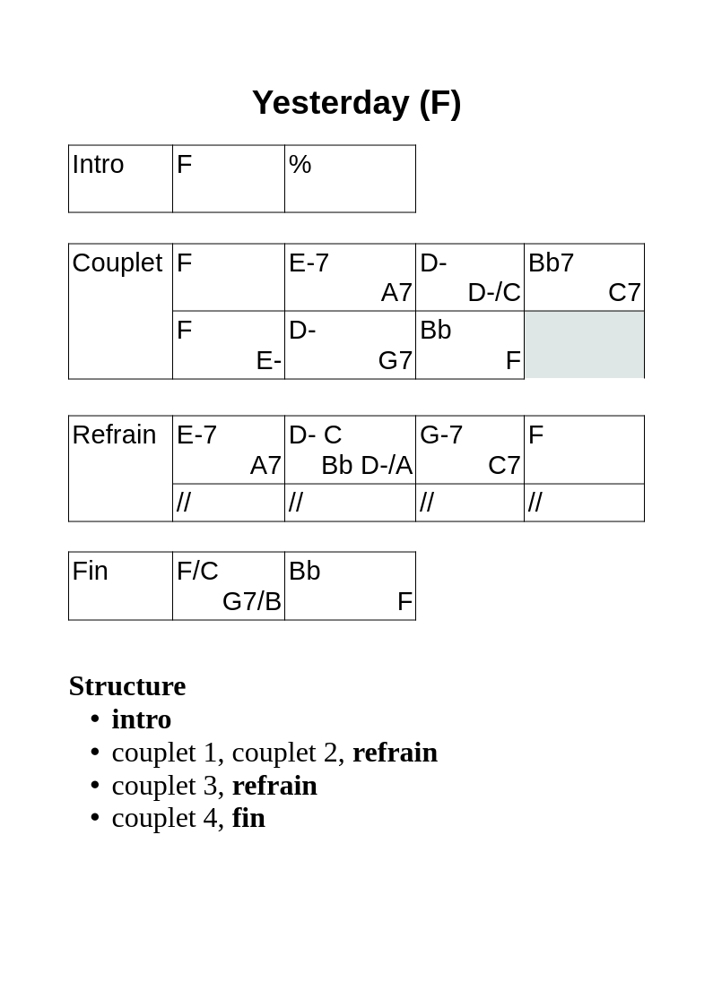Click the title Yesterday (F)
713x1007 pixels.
click(x=356, y=103)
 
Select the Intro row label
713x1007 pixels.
click(x=98, y=165)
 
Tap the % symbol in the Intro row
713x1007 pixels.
click(x=300, y=165)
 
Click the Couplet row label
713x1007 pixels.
click(x=117, y=263)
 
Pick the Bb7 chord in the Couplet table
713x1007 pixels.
click(x=551, y=263)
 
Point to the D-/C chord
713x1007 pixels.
click(x=494, y=293)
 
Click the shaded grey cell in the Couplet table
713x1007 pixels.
click(x=585, y=345)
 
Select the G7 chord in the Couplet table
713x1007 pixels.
click(x=395, y=360)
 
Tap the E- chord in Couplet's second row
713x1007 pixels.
click(x=269, y=360)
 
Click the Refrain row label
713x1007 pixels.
click(x=114, y=435)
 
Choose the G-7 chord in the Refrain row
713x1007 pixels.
click(x=441, y=435)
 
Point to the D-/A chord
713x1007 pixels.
click(x=387, y=465)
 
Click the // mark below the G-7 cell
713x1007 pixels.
click(x=426, y=502)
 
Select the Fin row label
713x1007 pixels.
click(x=90, y=571)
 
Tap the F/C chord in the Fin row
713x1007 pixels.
click(x=197, y=571)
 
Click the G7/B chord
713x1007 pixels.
click(x=251, y=601)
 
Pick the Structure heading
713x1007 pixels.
click(x=127, y=686)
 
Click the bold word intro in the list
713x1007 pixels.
click(x=142, y=719)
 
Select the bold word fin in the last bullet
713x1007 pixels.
click(x=248, y=818)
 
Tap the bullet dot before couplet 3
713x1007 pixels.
click(x=95, y=786)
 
